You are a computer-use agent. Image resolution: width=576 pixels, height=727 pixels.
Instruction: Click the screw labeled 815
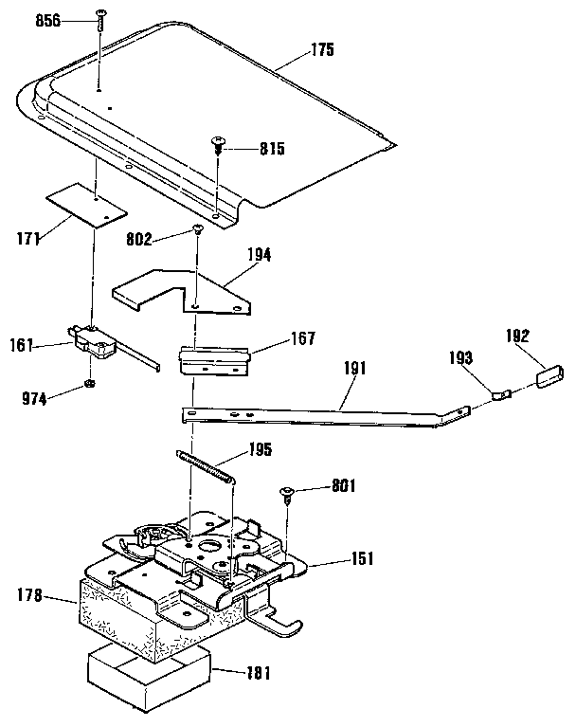pyautogui.click(x=219, y=145)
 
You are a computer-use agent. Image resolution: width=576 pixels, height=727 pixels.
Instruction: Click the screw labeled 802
pyautogui.click(x=198, y=228)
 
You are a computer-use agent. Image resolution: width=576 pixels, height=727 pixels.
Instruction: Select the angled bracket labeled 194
pyautogui.click(x=189, y=289)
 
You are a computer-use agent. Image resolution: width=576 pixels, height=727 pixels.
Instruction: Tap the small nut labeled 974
pyautogui.click(x=87, y=384)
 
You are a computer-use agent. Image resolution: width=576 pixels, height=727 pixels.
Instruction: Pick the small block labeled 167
pyautogui.click(x=214, y=359)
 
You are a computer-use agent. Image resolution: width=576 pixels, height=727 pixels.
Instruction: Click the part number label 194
pyautogui.click(x=259, y=255)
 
